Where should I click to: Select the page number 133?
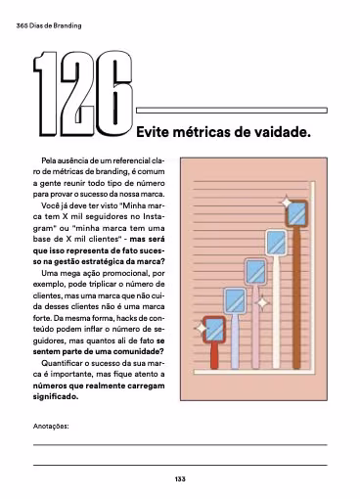point(180,478)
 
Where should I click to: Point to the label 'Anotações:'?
point(52,427)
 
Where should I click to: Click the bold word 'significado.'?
point(55,396)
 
